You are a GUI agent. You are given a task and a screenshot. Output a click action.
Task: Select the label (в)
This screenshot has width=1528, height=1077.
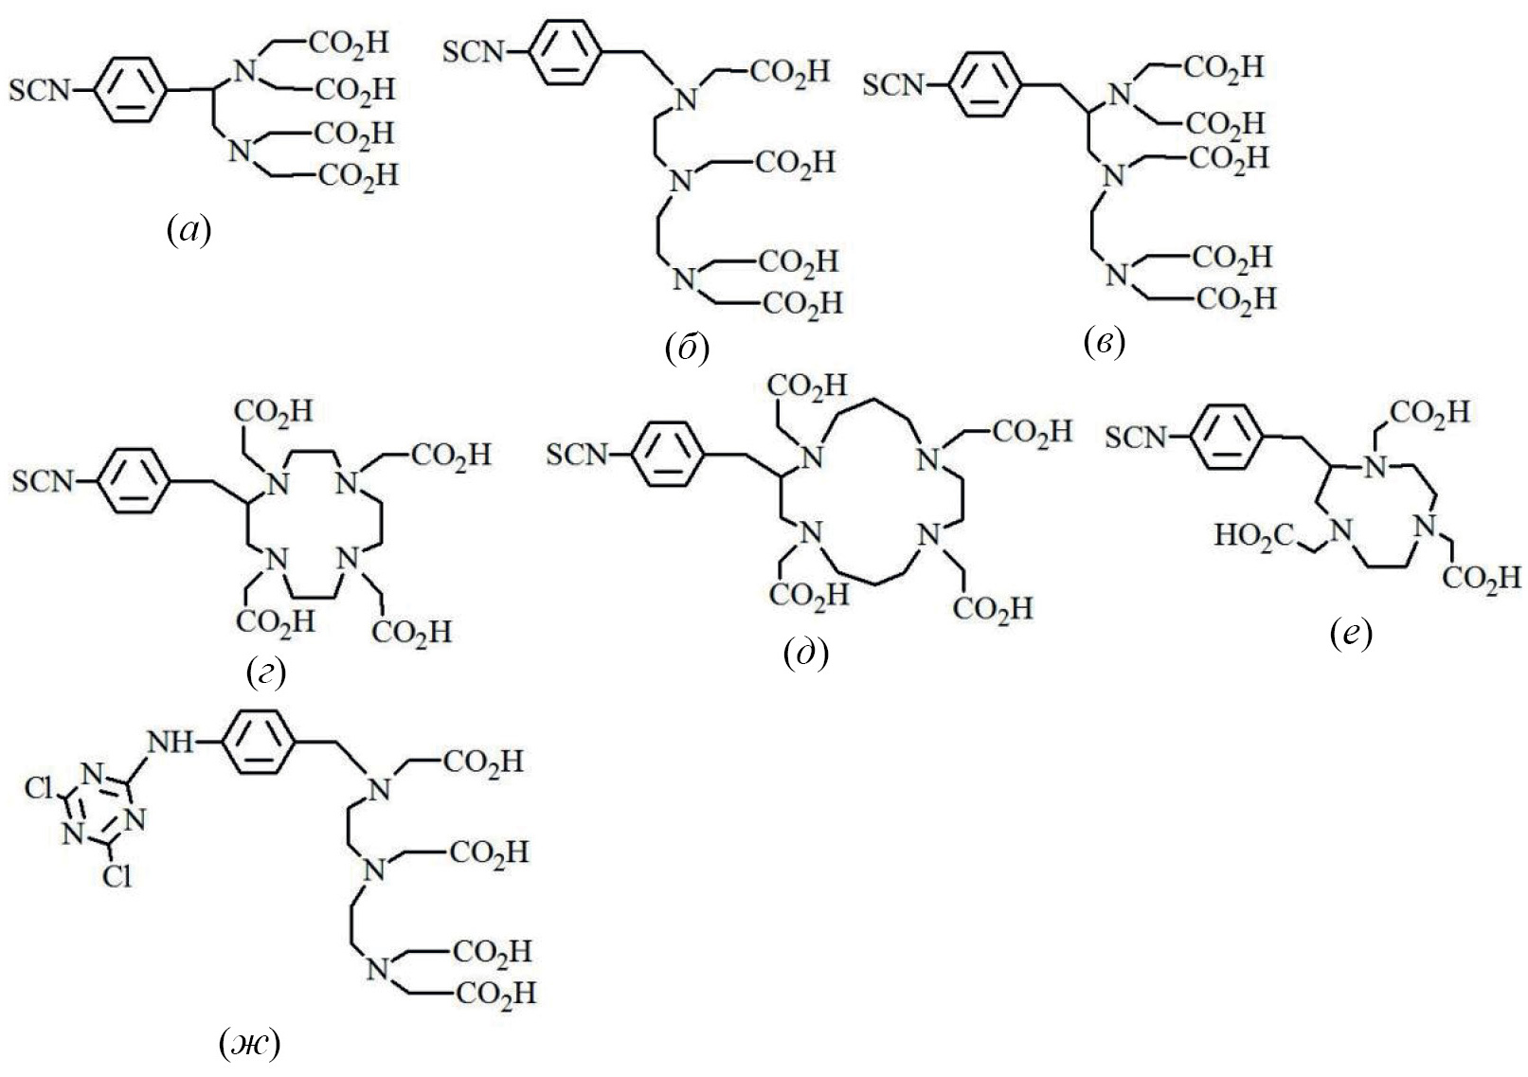[1104, 344]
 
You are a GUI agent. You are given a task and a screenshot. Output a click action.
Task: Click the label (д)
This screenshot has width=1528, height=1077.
[806, 653]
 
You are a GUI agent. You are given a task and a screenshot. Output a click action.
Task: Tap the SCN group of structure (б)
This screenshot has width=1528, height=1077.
[476, 52]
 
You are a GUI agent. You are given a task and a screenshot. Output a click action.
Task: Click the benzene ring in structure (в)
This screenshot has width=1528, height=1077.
[984, 87]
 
